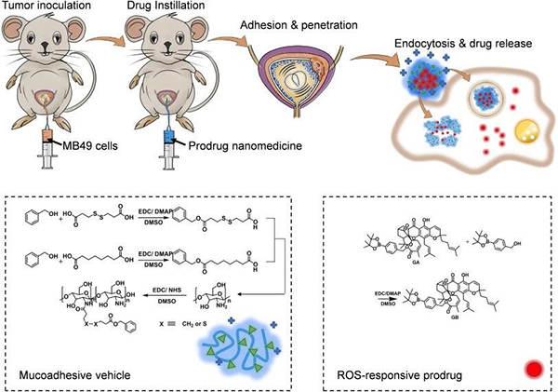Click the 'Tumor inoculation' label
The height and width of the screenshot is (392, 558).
(x=42, y=8)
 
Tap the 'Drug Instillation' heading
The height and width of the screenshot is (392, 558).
(x=176, y=8)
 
